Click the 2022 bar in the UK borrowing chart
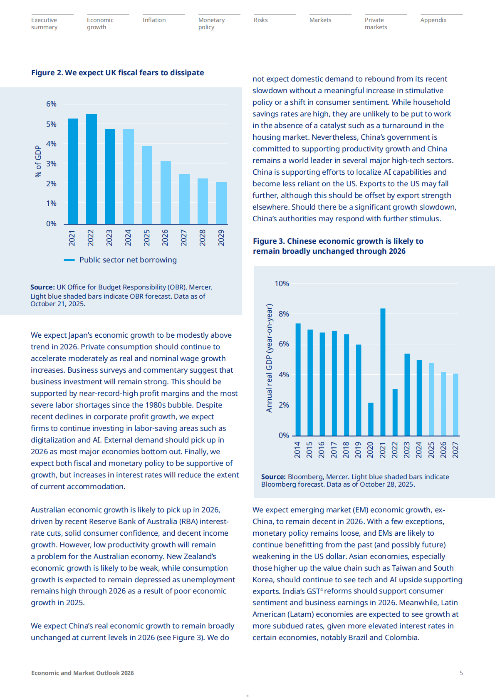point(92,169)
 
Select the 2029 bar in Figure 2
point(221,203)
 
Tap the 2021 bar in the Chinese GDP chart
point(383,372)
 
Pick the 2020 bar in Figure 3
point(371,419)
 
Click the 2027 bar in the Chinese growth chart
point(455,404)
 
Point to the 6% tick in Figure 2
point(51,104)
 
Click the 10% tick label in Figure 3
point(282,284)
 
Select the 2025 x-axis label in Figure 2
point(147,237)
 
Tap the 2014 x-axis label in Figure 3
point(297,450)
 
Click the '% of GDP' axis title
point(38,161)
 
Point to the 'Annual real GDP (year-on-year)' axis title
point(269,358)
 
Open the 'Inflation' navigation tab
point(154,20)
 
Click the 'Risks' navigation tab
point(261,20)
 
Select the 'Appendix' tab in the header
point(433,20)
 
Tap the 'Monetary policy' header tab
point(211,23)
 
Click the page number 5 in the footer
point(461,673)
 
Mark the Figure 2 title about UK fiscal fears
point(117,73)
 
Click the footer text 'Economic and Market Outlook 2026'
point(82,673)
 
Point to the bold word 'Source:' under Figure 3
point(273,477)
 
